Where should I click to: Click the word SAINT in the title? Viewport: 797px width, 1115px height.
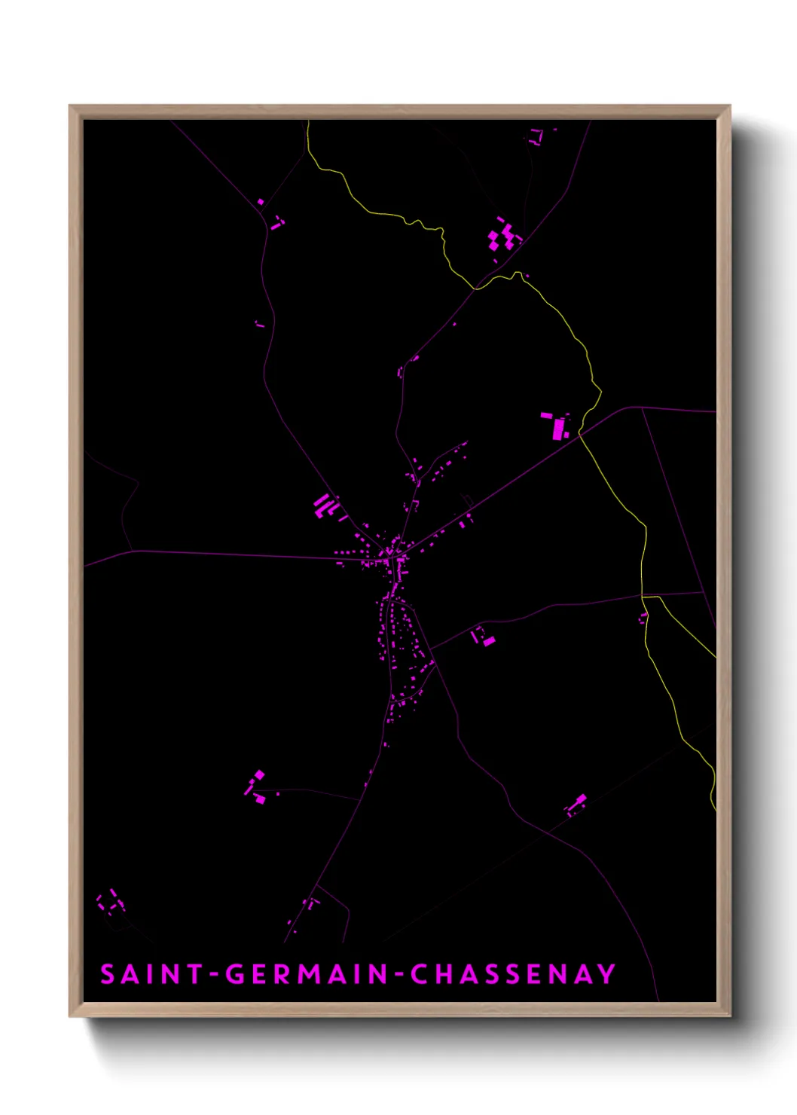pos(152,974)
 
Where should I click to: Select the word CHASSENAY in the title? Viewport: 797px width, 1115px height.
pos(513,974)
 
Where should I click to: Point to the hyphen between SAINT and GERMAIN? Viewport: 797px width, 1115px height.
pos(215,975)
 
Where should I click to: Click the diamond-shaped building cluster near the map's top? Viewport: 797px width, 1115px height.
pos(503,236)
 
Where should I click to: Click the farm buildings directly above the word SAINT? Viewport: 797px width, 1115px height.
pos(111,901)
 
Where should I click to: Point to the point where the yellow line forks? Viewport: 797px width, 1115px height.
pos(643,597)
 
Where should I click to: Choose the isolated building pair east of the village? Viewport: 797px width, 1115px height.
pos(484,638)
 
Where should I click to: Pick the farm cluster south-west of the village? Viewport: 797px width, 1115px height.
pos(257,787)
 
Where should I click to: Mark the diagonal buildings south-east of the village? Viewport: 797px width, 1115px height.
pos(577,805)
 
